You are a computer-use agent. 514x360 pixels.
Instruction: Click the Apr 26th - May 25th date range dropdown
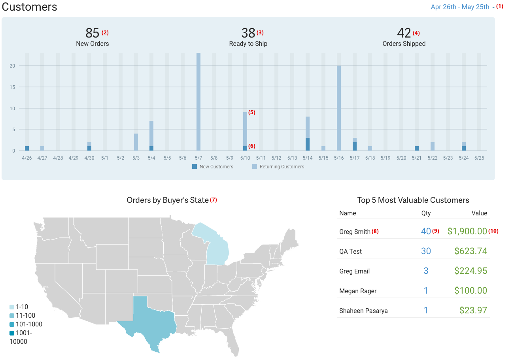point(462,7)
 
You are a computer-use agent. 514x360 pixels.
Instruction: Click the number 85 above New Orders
point(92,33)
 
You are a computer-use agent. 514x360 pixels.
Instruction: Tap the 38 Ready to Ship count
point(248,33)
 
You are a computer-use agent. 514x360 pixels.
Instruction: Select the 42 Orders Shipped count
point(404,33)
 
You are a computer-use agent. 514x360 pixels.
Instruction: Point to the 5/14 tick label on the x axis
point(308,158)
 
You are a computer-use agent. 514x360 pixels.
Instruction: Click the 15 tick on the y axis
point(12,87)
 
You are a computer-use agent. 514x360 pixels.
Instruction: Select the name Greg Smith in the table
point(355,232)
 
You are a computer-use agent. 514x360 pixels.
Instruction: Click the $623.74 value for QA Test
point(471,251)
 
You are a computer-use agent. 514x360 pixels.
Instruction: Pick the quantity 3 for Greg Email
point(426,271)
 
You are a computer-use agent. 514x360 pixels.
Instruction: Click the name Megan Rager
point(358,291)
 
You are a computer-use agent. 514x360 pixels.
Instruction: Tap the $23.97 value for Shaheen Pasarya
point(473,311)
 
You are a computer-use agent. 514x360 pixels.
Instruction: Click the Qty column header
point(426,213)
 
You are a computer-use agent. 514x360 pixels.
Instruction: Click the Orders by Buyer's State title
point(167,200)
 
